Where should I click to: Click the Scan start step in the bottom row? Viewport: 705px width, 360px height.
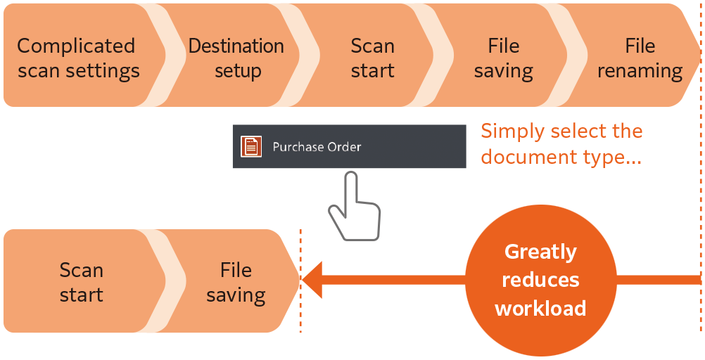click(82, 281)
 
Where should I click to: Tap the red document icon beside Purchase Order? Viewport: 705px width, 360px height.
click(251, 146)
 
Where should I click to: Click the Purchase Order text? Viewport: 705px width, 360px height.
click(317, 147)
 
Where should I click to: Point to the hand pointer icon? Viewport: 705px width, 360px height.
click(355, 207)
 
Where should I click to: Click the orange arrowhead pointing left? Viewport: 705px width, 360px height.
click(312, 280)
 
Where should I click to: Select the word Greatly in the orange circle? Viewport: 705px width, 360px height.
click(540, 252)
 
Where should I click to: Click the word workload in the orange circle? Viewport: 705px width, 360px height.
click(540, 309)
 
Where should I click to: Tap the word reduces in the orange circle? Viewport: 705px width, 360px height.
click(540, 281)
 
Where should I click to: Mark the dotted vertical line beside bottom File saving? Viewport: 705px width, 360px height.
click(300, 281)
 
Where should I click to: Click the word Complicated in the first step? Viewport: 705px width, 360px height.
click(76, 46)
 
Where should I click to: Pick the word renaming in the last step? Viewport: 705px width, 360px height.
click(640, 71)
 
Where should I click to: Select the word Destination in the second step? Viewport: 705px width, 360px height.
click(236, 46)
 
